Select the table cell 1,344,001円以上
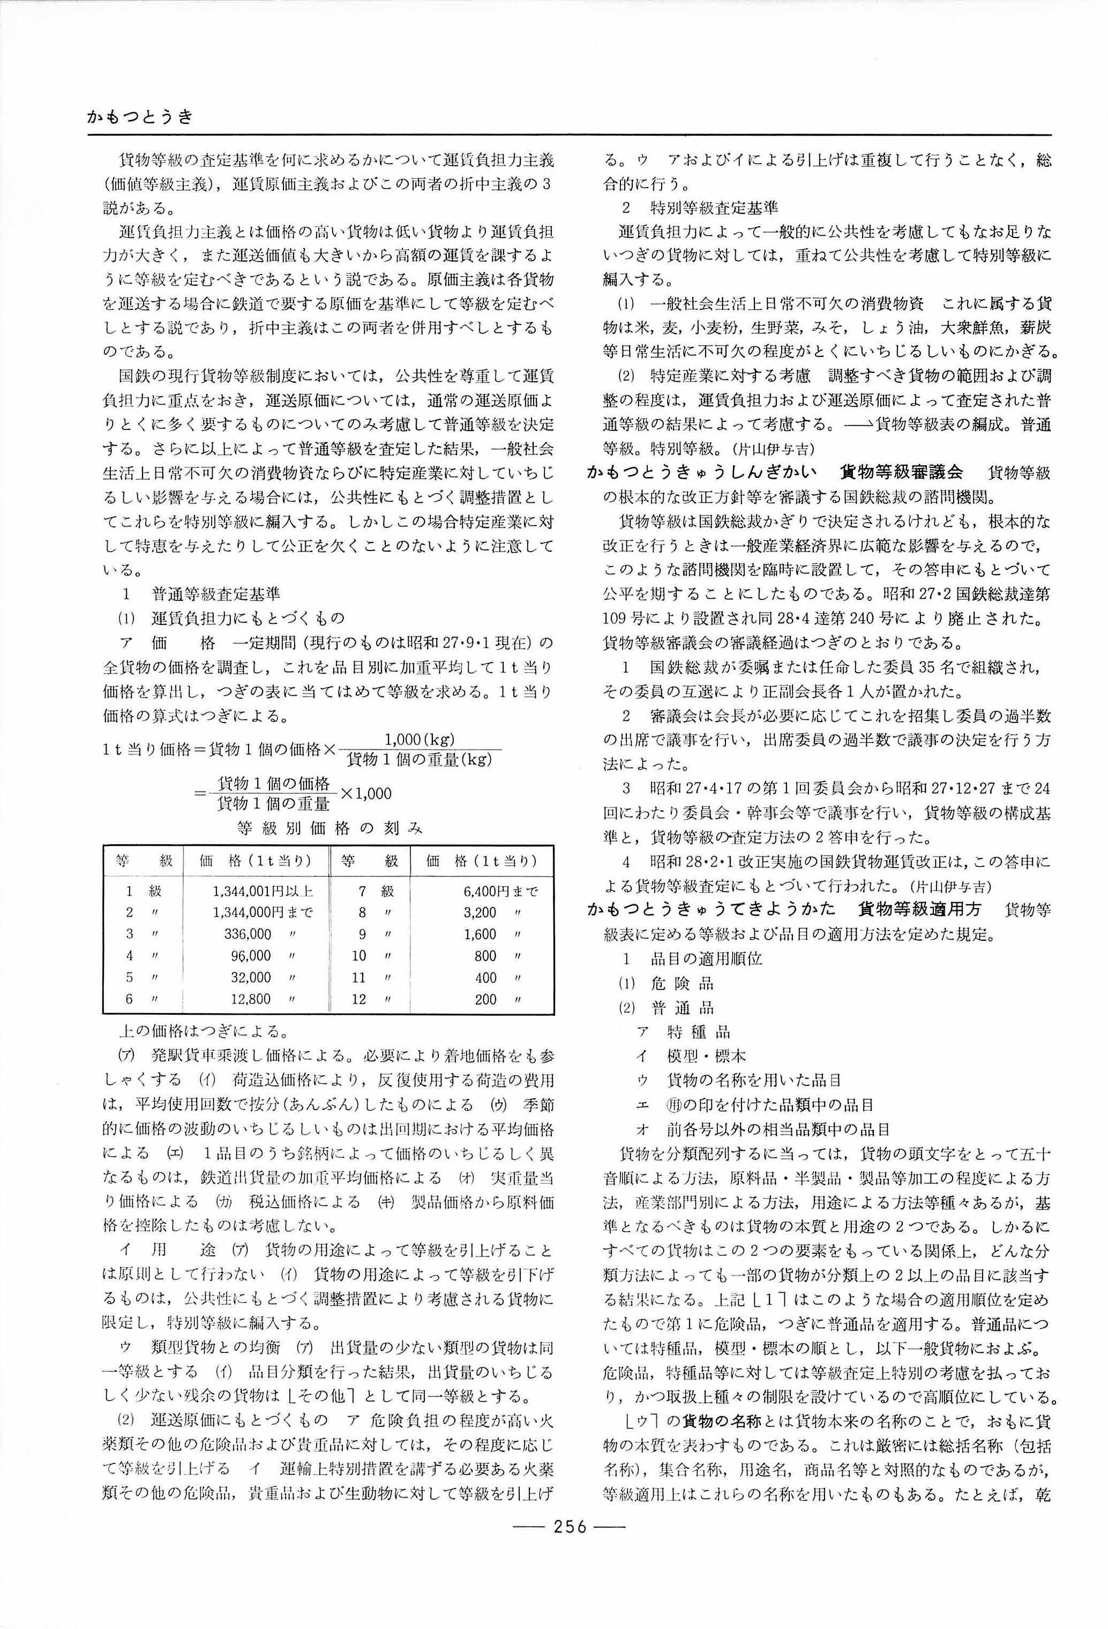262,891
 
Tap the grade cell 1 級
143,891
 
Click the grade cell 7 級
376,891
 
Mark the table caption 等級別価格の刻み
330,828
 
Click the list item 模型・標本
706,1055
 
